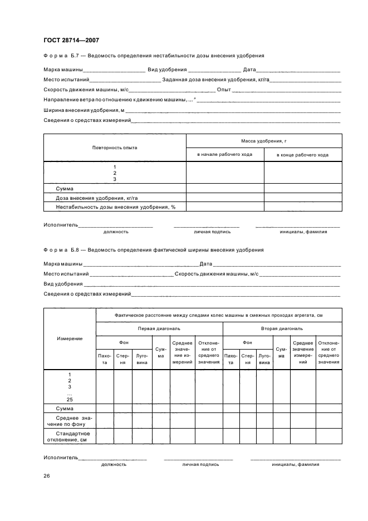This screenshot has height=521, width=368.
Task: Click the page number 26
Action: coord(47,476)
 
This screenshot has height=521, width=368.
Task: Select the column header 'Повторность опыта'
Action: coord(115,148)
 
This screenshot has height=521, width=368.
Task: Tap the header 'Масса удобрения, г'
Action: coord(263,142)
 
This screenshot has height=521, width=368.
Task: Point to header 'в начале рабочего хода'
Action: coord(224,155)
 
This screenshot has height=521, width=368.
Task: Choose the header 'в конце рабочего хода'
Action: coord(302,155)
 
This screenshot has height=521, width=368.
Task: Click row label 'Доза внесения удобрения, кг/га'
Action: coord(96,198)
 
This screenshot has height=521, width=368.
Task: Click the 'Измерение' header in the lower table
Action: coord(70,338)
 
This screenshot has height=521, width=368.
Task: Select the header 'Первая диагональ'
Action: coord(159,328)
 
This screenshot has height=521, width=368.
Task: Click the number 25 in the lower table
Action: coord(70,399)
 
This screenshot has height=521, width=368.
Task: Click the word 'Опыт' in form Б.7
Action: coord(224,90)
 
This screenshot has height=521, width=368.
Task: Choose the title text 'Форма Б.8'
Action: coord(62,250)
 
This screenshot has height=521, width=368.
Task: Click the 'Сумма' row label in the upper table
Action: coord(65,189)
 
